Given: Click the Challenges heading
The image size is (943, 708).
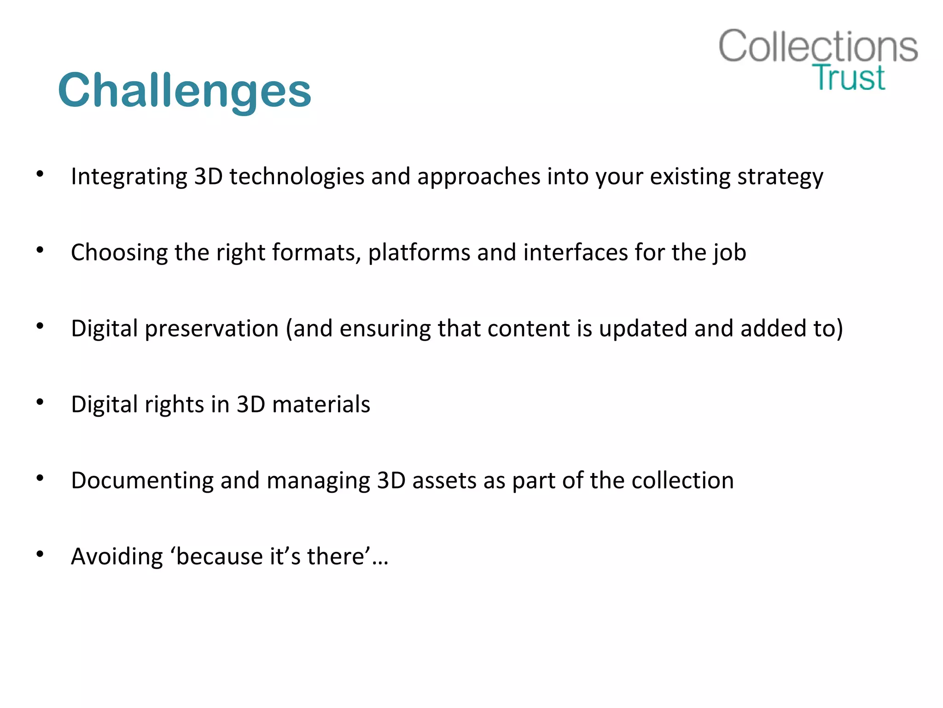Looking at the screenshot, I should pyautogui.click(x=185, y=91).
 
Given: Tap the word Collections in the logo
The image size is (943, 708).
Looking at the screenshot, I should pyautogui.click(x=818, y=47).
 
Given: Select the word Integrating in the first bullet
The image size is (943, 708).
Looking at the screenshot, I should pyautogui.click(x=129, y=177).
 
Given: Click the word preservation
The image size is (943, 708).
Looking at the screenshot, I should pyautogui.click(x=212, y=329).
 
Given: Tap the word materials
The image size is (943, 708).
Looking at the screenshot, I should pyautogui.click(x=321, y=404).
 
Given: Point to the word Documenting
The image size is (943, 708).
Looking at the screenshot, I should pyautogui.click(x=142, y=480).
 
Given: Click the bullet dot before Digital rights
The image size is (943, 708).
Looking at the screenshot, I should pyautogui.click(x=40, y=402).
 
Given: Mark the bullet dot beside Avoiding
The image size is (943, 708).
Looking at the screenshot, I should pyautogui.click(x=40, y=554).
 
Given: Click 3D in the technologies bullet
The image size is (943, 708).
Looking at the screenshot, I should pyautogui.click(x=208, y=177).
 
